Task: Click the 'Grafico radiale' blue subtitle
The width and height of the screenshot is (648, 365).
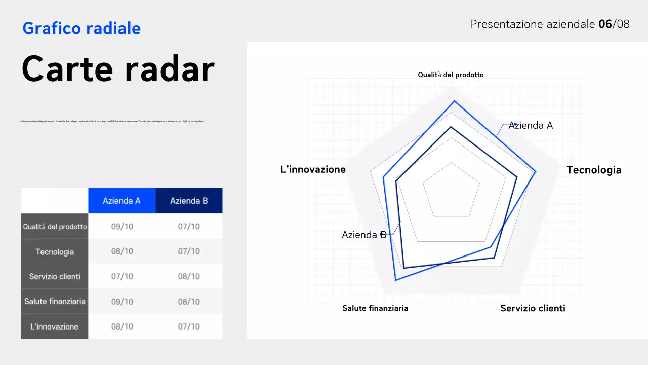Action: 82,28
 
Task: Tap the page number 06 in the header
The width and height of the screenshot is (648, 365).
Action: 605,24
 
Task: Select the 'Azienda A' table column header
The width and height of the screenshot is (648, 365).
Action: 121,201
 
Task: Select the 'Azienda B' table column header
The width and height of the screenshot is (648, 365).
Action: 189,201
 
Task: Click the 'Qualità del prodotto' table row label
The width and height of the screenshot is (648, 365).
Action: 55,227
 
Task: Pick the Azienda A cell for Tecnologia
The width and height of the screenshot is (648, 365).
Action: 122,251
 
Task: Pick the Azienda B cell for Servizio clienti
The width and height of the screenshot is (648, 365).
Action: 189,276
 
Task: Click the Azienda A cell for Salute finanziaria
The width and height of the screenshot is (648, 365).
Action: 122,302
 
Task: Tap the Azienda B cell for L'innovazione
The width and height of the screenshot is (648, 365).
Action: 189,326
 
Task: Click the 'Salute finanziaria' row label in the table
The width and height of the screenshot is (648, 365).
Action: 55,302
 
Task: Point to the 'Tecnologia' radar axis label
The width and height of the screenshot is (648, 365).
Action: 594,170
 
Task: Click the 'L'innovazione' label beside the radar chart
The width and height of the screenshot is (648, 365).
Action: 313,169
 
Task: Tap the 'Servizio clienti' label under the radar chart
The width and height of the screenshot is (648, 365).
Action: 533,308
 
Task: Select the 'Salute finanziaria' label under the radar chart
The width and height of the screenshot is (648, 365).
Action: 375,308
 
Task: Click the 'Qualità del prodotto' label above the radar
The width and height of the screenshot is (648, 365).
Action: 451,75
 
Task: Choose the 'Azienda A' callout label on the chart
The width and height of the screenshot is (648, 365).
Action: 531,125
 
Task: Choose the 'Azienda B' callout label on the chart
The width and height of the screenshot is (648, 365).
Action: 364,235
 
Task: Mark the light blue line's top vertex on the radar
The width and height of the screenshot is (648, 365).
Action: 454,101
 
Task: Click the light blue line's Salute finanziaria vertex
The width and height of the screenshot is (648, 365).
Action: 395,280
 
